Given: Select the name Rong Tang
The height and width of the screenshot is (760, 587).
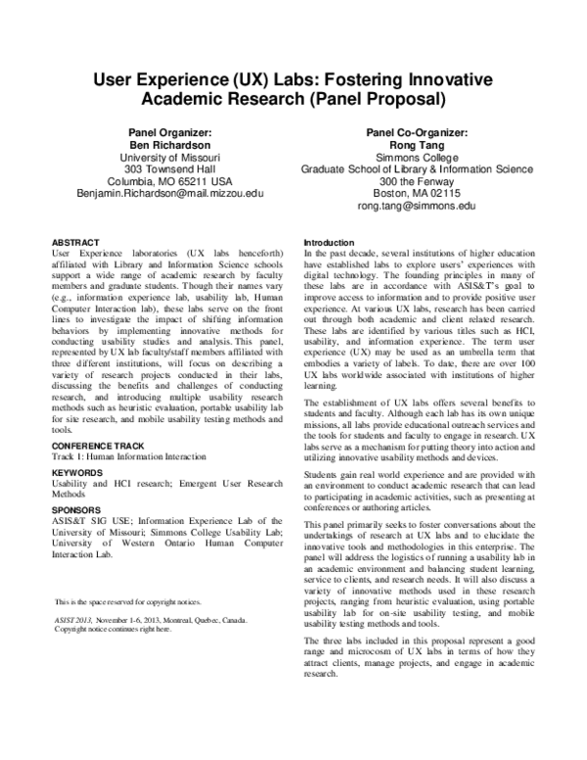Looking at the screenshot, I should [x=417, y=143].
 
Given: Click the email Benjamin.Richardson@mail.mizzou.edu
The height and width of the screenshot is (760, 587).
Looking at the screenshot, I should [x=170, y=194].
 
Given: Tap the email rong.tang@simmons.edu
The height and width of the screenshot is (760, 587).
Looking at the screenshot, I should [x=417, y=207].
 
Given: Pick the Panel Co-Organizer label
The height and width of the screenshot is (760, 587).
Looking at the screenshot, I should [x=417, y=130].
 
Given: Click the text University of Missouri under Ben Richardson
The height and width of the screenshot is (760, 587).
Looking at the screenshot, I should [x=170, y=156].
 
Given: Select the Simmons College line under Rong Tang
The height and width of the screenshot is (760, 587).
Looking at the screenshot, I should [x=417, y=156].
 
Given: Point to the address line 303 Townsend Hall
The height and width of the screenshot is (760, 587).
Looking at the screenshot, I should [x=170, y=168].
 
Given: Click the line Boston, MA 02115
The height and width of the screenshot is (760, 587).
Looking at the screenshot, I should [x=417, y=194].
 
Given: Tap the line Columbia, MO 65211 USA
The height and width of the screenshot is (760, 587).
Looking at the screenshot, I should [x=170, y=181].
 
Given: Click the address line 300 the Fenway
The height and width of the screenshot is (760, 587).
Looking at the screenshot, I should [x=417, y=181].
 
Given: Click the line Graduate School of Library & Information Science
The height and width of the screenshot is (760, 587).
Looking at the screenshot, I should [x=417, y=168].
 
